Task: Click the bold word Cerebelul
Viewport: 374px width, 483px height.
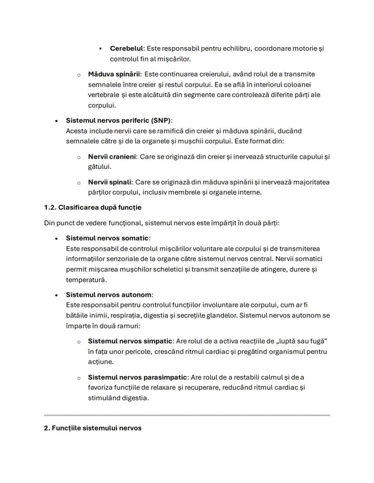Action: point(126,48)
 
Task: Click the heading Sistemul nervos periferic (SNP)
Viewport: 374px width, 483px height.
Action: point(119,120)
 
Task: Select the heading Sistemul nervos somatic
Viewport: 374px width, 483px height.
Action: point(107,238)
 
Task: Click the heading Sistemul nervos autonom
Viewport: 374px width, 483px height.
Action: point(109,294)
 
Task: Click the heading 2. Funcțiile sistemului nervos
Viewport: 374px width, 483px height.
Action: point(93,428)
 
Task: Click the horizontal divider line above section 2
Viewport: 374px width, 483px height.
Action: point(187,415)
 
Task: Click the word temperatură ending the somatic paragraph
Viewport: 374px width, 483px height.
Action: point(84,280)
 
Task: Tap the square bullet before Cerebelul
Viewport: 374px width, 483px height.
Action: point(100,48)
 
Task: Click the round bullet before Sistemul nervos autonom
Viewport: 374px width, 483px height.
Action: point(56,295)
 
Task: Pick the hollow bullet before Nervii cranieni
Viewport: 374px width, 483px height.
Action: point(78,157)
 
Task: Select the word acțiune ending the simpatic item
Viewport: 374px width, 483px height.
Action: point(100,362)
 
